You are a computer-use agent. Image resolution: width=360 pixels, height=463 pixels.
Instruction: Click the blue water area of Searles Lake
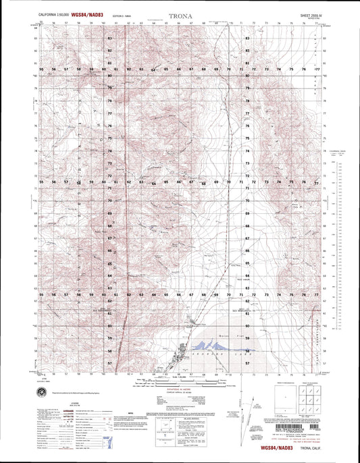pyautogui.click(x=223, y=342)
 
